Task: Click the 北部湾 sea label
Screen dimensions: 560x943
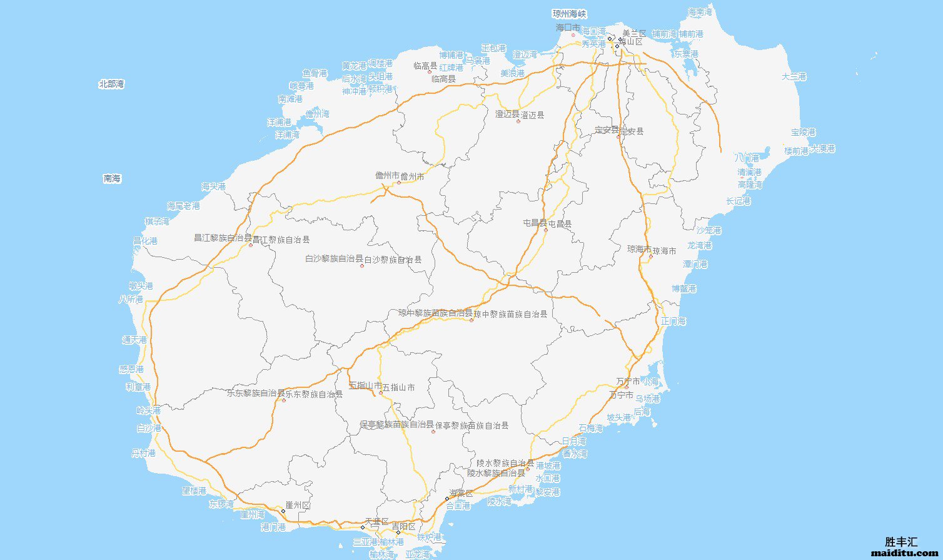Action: [x=111, y=84]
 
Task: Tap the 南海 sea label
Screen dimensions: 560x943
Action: [x=112, y=179]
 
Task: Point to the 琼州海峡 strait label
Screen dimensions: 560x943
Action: [x=570, y=14]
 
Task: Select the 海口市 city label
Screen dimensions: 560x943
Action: [x=568, y=28]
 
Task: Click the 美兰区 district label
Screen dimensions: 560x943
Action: [x=633, y=33]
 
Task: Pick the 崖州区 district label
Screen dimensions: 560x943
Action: [x=298, y=505]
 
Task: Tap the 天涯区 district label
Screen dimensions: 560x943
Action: [x=377, y=522]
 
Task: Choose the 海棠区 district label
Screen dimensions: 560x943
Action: [x=461, y=494]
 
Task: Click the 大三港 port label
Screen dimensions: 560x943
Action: [x=794, y=77]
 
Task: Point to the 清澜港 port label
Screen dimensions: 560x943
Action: [x=749, y=172]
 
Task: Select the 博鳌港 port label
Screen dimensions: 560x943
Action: [x=684, y=288]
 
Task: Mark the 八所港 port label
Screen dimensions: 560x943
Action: [x=131, y=299]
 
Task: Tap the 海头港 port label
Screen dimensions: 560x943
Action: [x=213, y=186]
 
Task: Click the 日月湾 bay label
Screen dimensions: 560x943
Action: [x=574, y=441]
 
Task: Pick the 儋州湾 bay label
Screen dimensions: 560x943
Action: [x=317, y=114]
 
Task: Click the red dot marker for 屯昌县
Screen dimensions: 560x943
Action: [x=545, y=230]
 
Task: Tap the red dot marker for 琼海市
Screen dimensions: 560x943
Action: [x=650, y=257]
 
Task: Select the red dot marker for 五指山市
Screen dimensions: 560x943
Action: [x=380, y=393]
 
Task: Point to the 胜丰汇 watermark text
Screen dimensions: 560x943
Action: [x=901, y=542]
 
